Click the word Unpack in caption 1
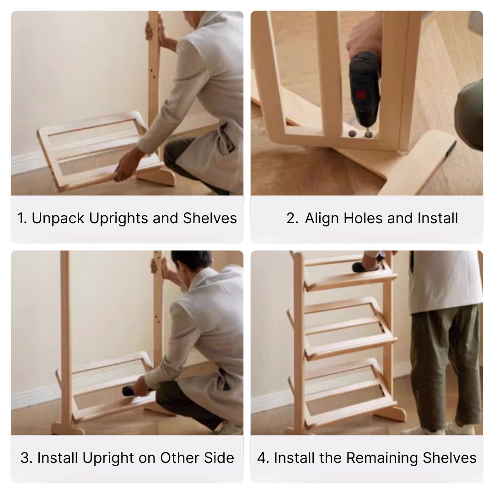click(58, 218)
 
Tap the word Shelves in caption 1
click(210, 218)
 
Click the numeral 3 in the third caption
click(26, 458)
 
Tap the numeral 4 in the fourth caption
click(263, 458)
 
